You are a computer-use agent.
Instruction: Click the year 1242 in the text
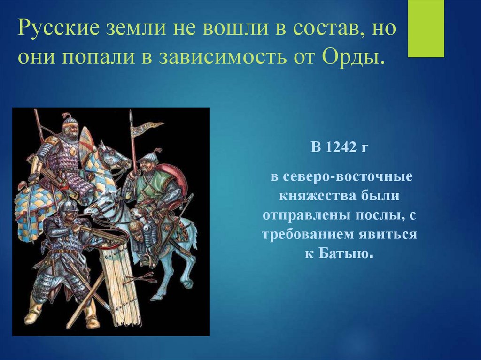(337, 147)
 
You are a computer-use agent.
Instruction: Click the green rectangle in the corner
(426, 29)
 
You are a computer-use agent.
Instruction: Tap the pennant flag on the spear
(146, 129)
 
